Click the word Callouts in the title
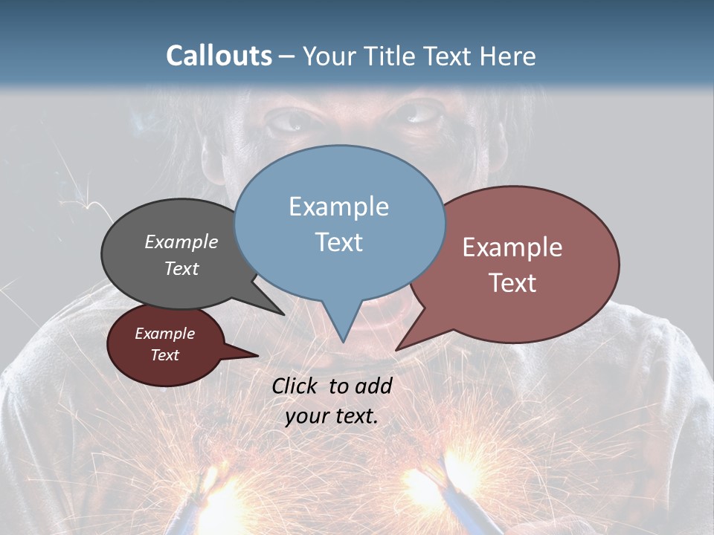(x=219, y=56)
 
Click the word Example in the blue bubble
(x=338, y=207)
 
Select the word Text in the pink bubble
(x=512, y=282)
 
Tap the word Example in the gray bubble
(x=181, y=241)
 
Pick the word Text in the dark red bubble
(x=164, y=355)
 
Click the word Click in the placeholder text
(x=296, y=386)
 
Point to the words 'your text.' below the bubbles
(x=332, y=416)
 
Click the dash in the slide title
(x=287, y=56)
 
